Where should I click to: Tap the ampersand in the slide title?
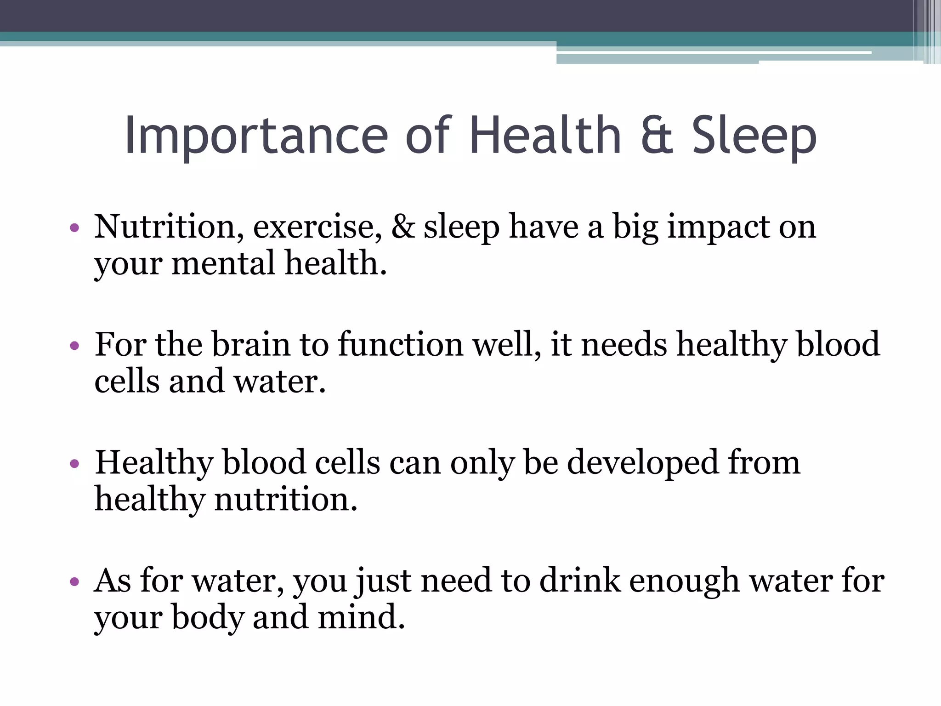(x=657, y=135)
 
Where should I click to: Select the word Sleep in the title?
(x=754, y=136)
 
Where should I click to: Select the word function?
(x=401, y=344)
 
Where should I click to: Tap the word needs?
(x=624, y=344)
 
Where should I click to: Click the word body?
(x=208, y=617)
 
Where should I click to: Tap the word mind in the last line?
(x=361, y=617)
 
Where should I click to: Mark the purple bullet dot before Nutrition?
(x=74, y=228)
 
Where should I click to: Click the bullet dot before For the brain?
(x=74, y=345)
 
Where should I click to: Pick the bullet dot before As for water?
(x=74, y=582)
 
